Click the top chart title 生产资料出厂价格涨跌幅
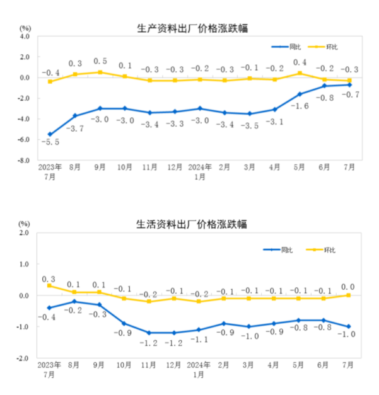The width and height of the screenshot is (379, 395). (x=192, y=28)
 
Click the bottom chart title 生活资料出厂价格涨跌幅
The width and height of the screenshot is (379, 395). (x=192, y=224)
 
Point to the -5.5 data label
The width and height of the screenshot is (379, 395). (x=51, y=143)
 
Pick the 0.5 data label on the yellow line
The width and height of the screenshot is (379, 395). (x=100, y=61)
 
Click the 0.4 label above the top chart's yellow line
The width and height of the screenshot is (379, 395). (x=300, y=62)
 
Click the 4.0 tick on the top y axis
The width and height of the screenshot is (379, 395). (x=25, y=36)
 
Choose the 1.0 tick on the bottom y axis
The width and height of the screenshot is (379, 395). (x=25, y=264)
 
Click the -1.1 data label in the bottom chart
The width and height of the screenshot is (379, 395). (x=199, y=339)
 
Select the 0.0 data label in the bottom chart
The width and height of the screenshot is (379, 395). (x=348, y=286)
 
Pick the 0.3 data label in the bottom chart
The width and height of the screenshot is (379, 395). (x=50, y=278)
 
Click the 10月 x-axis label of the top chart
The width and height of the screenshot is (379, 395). (x=125, y=169)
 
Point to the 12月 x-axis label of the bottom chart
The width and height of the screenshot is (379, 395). (x=174, y=365)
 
